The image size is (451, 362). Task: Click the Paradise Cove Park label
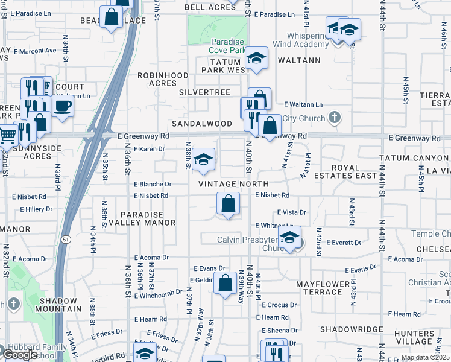click(x=227, y=46)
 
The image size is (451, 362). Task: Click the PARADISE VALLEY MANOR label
click(x=148, y=218)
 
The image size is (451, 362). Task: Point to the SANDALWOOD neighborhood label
click(x=202, y=123)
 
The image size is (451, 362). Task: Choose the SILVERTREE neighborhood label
click(x=204, y=92)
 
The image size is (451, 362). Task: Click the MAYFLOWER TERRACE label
click(x=323, y=287)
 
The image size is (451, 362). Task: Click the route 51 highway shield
click(x=65, y=239)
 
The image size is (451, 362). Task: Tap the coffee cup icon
click(x=63, y=106)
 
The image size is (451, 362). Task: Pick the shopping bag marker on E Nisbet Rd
click(x=228, y=203)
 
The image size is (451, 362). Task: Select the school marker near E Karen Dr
click(x=204, y=159)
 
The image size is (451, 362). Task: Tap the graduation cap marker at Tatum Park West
click(x=257, y=59)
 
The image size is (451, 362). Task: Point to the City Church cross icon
click(x=336, y=118)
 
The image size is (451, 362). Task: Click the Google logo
click(x=20, y=355)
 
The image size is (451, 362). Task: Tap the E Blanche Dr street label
click(x=153, y=184)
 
